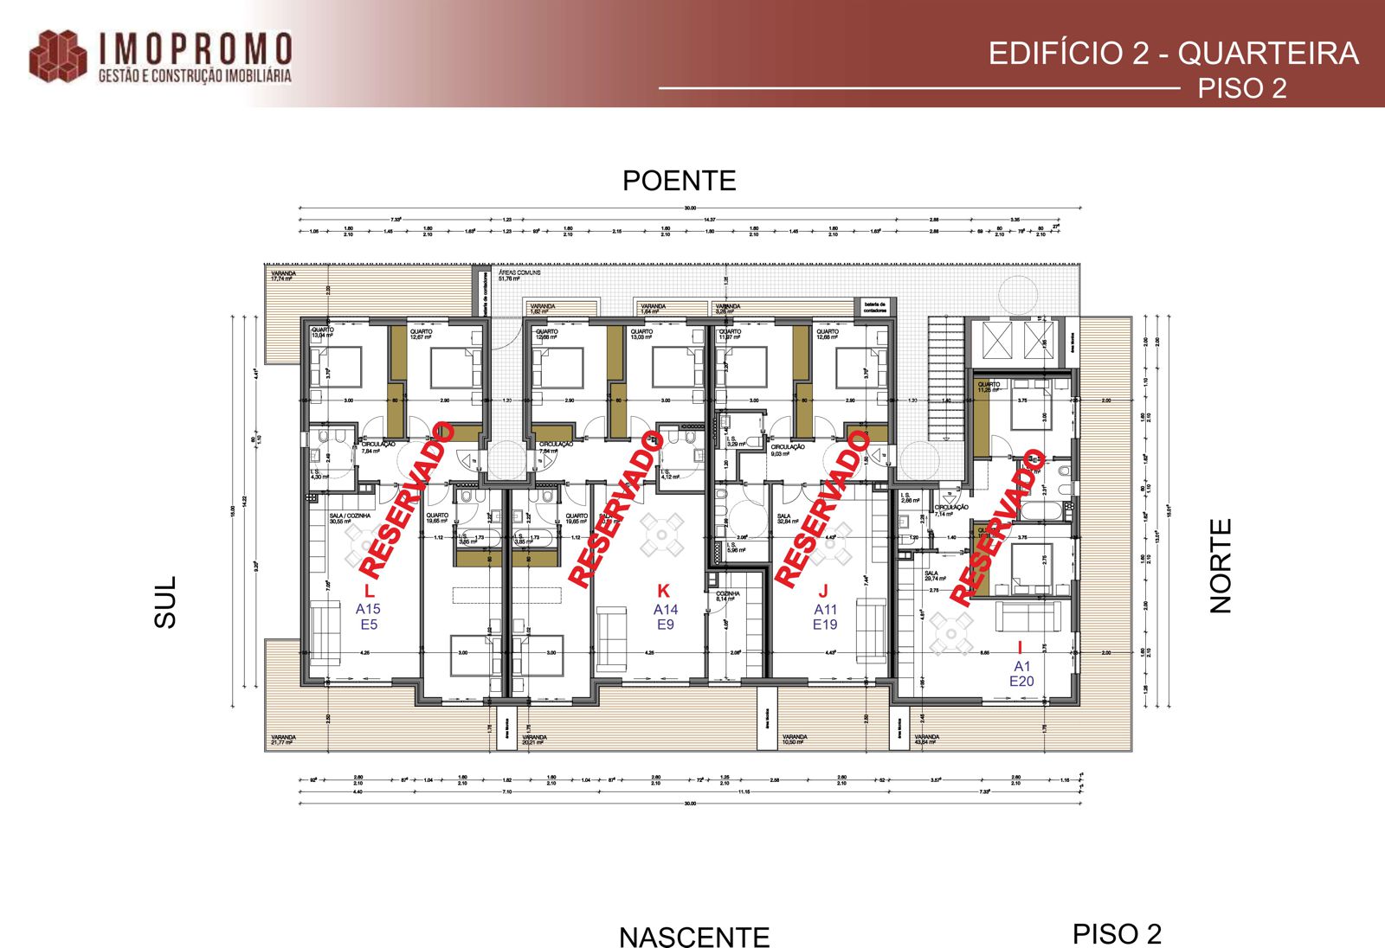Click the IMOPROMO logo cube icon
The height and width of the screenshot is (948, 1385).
[58, 57]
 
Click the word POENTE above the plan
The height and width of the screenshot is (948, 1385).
[679, 181]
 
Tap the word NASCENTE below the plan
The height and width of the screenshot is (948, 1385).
[694, 937]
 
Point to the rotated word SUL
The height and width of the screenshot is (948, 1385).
[164, 602]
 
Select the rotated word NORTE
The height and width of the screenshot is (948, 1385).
[1221, 567]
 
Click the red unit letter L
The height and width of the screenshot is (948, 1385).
[369, 592]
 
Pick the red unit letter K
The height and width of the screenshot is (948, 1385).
[663, 591]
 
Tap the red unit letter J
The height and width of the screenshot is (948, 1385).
[823, 591]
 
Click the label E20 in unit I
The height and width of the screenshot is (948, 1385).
[1021, 682]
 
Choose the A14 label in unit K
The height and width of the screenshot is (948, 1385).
[665, 610]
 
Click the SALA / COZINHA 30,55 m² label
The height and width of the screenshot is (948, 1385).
[349, 518]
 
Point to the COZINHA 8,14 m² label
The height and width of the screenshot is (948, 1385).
[727, 596]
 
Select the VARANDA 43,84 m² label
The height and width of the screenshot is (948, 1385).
[926, 740]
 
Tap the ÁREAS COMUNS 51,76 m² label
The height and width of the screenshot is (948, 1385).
[519, 275]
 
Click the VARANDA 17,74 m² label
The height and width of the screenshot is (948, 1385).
[283, 276]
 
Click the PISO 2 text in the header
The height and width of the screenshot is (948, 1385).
[1241, 88]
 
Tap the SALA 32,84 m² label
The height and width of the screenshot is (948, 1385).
[787, 519]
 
